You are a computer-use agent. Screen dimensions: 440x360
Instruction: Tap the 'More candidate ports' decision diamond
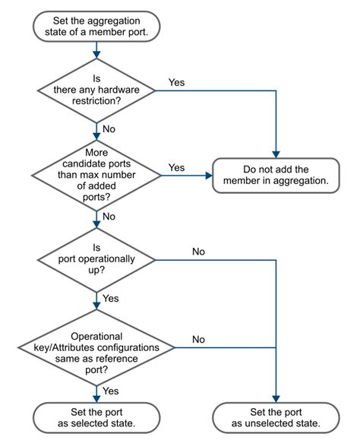(x=96, y=175)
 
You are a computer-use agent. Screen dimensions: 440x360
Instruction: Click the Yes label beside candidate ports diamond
(x=175, y=166)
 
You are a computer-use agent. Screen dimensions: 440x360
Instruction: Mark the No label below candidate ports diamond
(x=109, y=216)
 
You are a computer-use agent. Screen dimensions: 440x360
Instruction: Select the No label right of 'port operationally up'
(x=198, y=250)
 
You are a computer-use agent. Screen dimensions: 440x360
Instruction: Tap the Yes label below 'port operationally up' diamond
(x=110, y=298)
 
